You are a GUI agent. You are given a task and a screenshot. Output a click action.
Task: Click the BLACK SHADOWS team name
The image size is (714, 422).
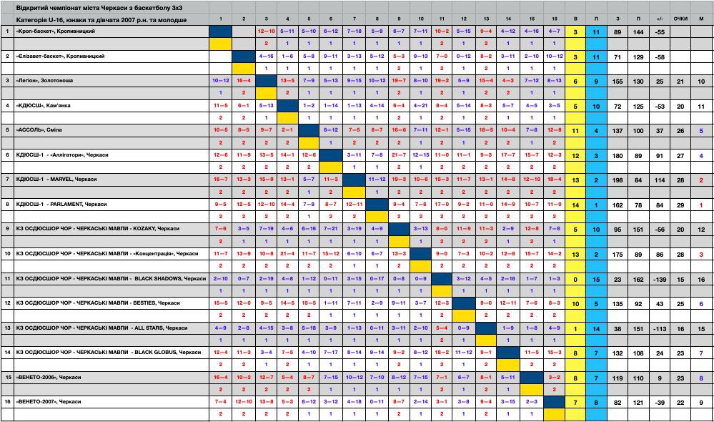[106, 278]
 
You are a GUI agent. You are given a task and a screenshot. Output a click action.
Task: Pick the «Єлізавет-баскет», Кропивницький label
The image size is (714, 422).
[60, 56]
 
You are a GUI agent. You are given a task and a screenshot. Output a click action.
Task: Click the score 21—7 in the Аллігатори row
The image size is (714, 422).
[399, 154]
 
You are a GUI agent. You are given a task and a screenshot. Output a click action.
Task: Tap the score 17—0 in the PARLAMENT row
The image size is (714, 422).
[442, 204]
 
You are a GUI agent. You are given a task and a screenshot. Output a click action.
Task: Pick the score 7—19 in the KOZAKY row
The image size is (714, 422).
[266, 229]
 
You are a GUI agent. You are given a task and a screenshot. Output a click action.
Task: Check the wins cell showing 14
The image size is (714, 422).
[576, 204]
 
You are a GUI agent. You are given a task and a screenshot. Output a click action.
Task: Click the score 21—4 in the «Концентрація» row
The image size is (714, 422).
[288, 253]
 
